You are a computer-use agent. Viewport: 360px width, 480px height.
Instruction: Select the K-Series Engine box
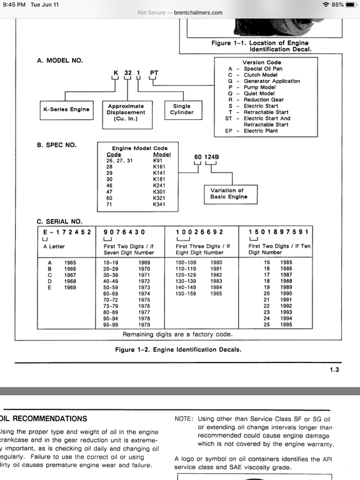[x=66, y=109]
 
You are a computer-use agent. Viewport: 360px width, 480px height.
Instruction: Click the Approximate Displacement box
[x=126, y=112]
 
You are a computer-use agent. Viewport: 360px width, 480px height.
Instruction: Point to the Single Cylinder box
[x=182, y=109]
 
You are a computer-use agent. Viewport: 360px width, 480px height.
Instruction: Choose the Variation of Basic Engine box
[x=228, y=194]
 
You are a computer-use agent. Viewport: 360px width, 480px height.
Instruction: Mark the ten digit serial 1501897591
[x=278, y=231]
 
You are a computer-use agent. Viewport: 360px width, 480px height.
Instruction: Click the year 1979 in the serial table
[x=144, y=324]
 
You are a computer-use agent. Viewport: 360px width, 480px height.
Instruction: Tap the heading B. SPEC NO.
[x=57, y=144]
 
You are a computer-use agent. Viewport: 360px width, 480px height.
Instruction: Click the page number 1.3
[x=334, y=370]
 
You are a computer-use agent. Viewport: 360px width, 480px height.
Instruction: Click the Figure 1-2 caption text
[x=179, y=349]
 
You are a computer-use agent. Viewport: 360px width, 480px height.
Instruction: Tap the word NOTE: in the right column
[x=184, y=418]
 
